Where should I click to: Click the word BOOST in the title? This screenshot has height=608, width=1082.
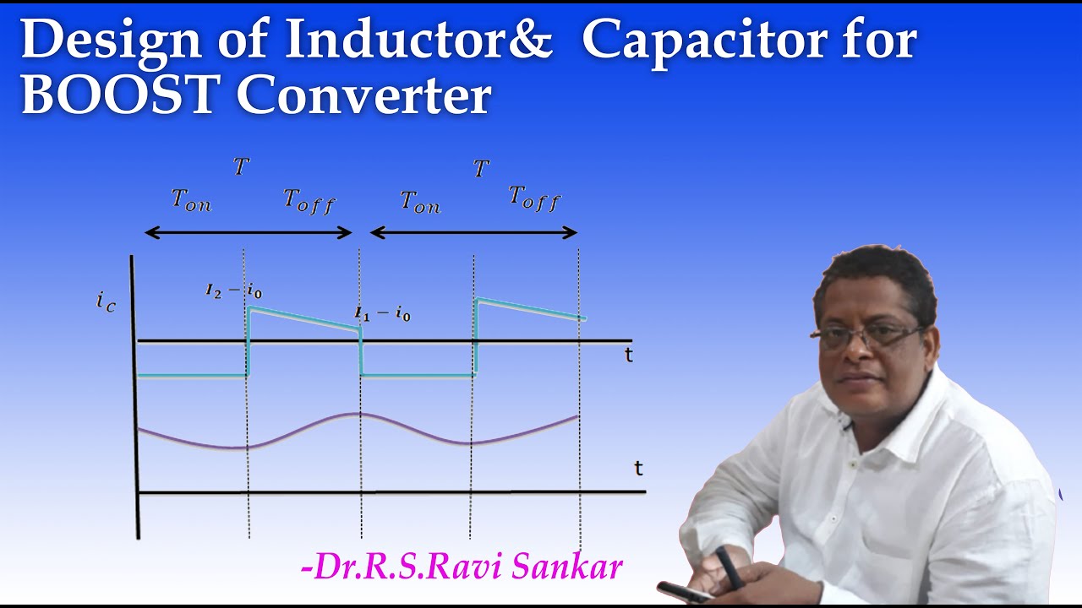119,95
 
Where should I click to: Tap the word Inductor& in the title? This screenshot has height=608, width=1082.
418,40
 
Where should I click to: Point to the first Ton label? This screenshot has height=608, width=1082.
191,201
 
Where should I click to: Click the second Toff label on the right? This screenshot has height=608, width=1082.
534,198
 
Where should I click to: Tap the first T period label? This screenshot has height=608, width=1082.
242,166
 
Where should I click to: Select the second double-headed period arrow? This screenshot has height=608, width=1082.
473,232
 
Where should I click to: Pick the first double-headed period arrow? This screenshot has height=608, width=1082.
248,232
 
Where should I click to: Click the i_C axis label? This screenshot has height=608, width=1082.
107,301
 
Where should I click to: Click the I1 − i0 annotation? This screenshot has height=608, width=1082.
382,315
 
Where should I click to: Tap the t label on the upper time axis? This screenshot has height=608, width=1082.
628,356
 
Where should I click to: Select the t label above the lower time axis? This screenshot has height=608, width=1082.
639,468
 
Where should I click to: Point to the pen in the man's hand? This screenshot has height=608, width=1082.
729,566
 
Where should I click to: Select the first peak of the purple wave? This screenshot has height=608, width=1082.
359,414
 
